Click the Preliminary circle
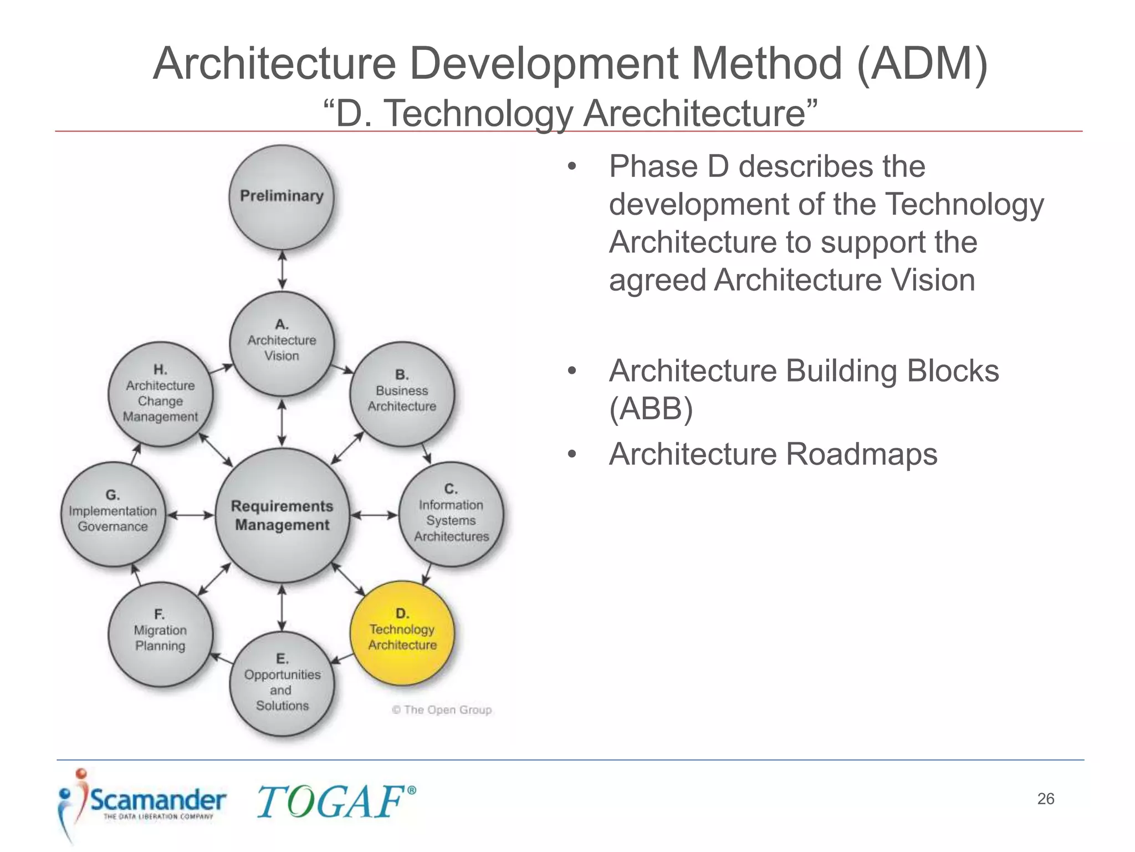point(282,197)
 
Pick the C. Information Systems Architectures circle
point(451,514)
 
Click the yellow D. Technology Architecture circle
point(402,632)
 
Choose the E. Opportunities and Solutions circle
point(282,683)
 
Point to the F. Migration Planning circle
point(160,633)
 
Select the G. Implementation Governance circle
point(113,514)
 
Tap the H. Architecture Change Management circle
point(160,394)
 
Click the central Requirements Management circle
point(282,515)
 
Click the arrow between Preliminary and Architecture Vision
point(282,270)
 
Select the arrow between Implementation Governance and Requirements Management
point(190,515)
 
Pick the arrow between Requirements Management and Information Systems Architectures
point(374,515)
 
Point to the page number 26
point(1045,799)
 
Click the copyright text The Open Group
point(442,710)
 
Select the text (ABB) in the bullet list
point(651,409)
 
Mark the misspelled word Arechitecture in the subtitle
point(694,114)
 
